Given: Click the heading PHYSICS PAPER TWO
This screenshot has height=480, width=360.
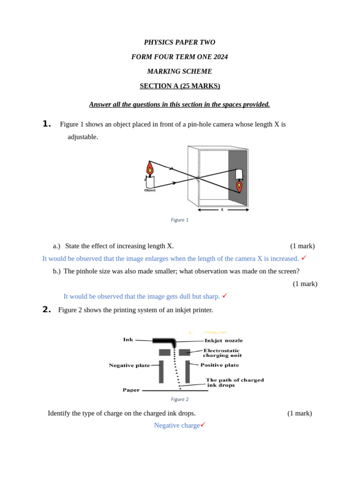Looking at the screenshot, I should click(x=180, y=42).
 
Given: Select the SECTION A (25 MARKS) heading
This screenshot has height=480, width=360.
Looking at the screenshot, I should click(x=180, y=86).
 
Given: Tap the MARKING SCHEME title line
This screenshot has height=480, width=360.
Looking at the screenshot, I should click(x=180, y=71).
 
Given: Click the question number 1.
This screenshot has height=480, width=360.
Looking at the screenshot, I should click(x=46, y=124).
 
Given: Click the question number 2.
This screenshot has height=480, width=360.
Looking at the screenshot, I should click(x=46, y=309).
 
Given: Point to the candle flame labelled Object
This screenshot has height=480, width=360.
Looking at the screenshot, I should click(x=150, y=169).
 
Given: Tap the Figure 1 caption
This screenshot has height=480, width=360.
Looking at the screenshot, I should click(x=180, y=220).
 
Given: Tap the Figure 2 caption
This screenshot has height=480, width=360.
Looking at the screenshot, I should click(x=180, y=399).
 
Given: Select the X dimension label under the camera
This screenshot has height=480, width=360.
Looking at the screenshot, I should click(x=222, y=210).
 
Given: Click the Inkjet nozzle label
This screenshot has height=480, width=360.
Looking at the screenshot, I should click(x=224, y=340).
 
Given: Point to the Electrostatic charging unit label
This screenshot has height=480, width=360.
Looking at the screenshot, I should click(x=222, y=352).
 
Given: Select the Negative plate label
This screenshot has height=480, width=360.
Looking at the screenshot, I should click(x=129, y=365).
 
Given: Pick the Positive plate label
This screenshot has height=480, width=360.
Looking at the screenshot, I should click(x=219, y=365).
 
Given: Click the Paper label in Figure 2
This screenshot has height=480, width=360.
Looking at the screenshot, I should click(x=131, y=390).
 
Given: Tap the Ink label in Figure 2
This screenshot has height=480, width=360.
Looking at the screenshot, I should click(x=128, y=339).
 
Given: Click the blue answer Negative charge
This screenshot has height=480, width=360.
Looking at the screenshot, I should click(x=177, y=425).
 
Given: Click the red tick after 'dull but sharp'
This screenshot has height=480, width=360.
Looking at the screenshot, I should click(x=225, y=295).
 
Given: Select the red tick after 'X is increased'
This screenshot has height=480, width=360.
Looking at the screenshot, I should click(x=304, y=257).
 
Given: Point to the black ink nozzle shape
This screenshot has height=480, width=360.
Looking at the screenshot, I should click(x=164, y=341).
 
